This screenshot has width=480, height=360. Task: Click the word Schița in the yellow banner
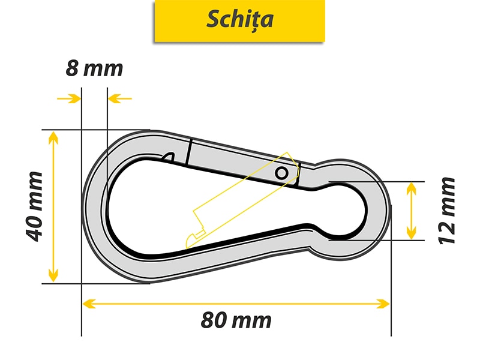(240, 19)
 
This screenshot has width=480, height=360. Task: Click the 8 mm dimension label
(94, 68)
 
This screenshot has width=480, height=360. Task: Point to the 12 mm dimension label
(447, 210)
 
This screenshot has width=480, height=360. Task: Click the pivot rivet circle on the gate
(281, 173)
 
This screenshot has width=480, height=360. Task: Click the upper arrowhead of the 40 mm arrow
(53, 137)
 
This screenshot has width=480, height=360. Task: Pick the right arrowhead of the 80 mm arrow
(384, 304)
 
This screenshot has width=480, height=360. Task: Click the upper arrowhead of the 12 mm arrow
(411, 188)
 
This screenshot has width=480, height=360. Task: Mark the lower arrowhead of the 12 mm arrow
(411, 233)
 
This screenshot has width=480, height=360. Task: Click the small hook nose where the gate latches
(168, 157)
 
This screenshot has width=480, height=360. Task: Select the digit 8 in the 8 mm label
(72, 68)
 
